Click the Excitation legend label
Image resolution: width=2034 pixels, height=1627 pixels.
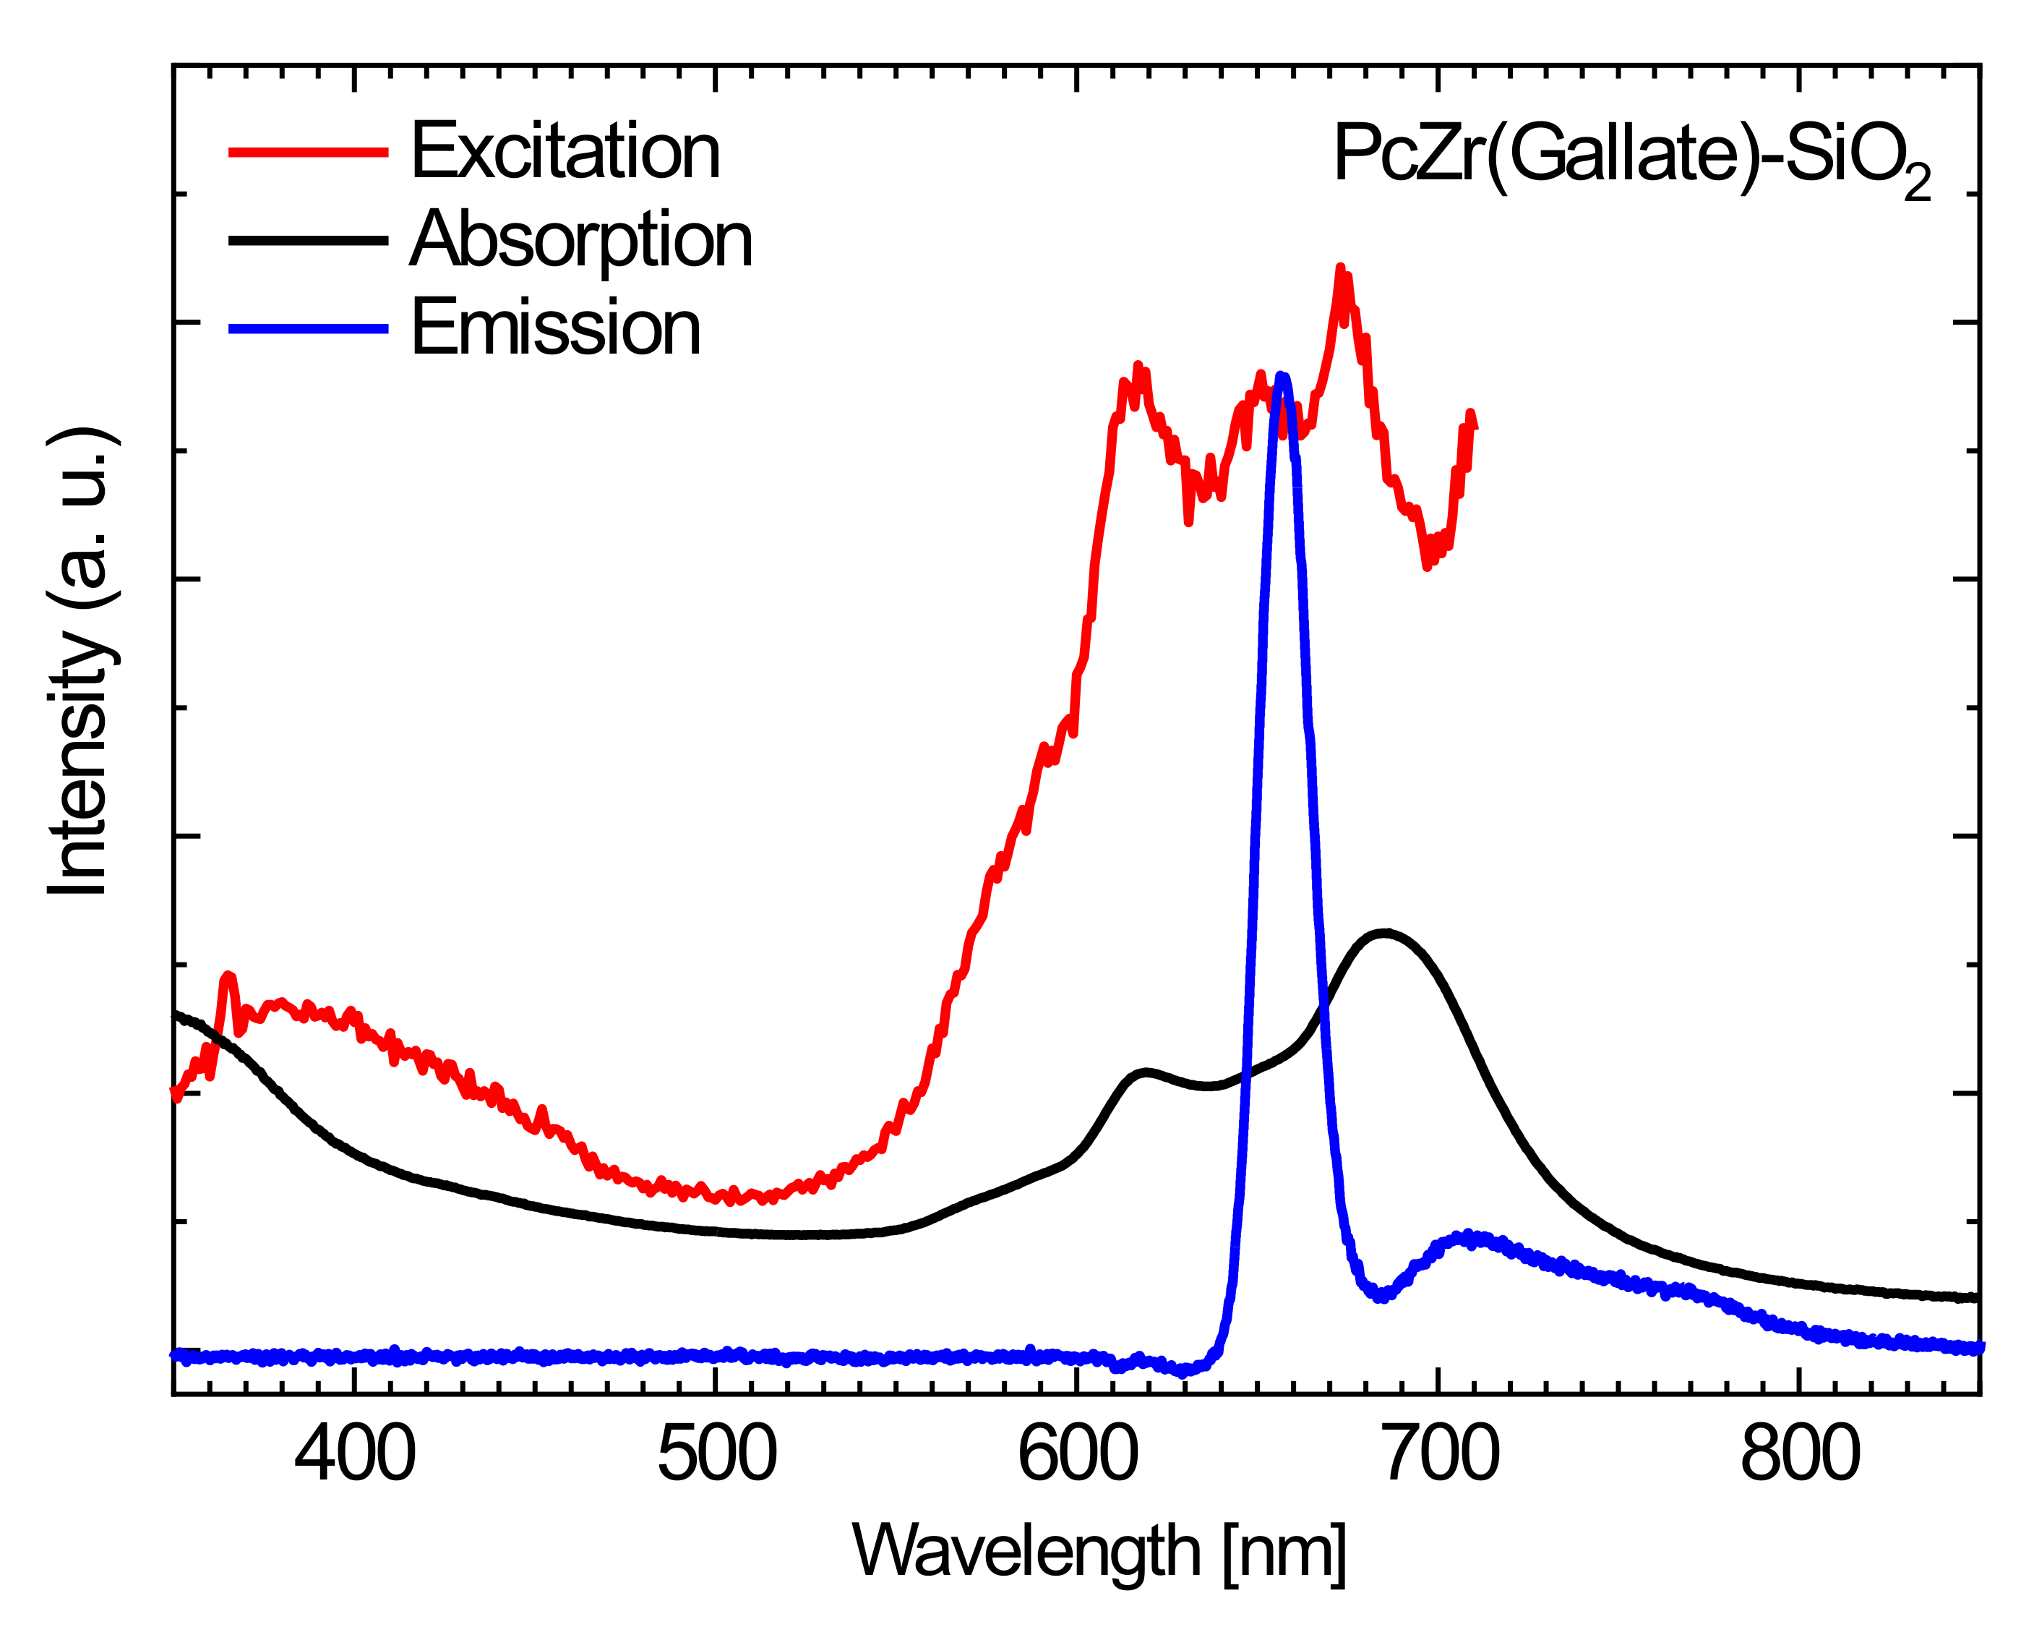coord(565,152)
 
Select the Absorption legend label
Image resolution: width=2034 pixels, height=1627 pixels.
coord(581,241)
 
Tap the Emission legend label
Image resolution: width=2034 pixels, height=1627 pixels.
coord(556,328)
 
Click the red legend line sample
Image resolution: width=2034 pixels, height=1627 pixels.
coord(309,151)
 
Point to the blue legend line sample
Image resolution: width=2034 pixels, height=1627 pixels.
coord(309,328)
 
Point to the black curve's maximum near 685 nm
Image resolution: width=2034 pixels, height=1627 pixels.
coord(1384,932)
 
